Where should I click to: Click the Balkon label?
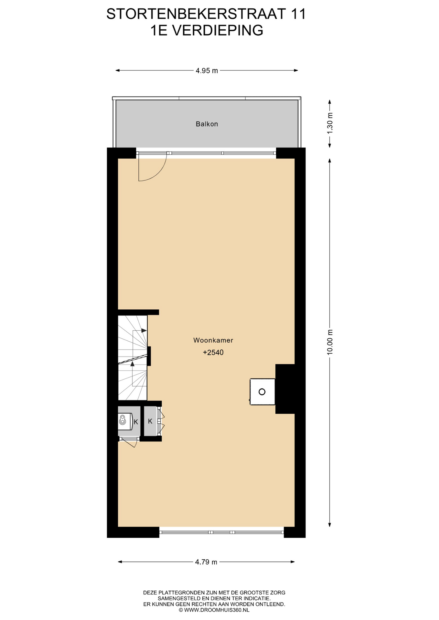(207, 124)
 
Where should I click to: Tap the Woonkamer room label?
(213, 340)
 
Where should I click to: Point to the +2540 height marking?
(213, 352)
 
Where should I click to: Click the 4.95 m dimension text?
(207, 71)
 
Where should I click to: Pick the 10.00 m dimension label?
(330, 342)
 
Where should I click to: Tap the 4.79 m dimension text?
(206, 562)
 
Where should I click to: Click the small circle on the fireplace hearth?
(262, 392)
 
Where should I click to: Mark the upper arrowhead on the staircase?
(144, 330)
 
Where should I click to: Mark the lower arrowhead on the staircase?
(132, 364)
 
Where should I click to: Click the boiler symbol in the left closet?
(122, 420)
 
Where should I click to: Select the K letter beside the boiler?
(136, 422)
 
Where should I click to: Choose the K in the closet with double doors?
(150, 421)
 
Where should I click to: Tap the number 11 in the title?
(298, 14)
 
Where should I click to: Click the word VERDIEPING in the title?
(217, 31)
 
